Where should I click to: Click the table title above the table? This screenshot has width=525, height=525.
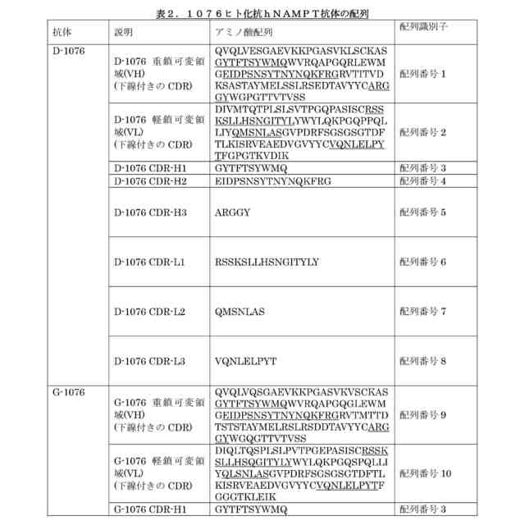[263, 14]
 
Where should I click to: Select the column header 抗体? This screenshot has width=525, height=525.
[62, 32]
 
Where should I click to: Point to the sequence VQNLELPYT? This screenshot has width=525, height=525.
[245, 361]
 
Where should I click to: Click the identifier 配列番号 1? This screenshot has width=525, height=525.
[422, 74]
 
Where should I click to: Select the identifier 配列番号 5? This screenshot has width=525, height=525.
[422, 212]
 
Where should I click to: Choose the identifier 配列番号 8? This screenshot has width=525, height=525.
[422, 361]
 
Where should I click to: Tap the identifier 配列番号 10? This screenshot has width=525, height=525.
[425, 474]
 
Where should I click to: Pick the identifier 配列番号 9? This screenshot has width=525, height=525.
[422, 415]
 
